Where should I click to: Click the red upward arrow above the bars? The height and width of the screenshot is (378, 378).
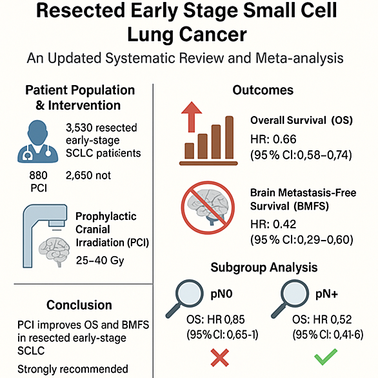(x=192, y=117)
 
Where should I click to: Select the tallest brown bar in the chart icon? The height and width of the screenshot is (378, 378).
(x=229, y=137)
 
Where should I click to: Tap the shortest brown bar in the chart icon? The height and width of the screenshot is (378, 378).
(x=189, y=151)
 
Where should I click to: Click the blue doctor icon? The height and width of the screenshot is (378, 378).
(x=38, y=141)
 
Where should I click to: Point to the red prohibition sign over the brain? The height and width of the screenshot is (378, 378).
(x=208, y=208)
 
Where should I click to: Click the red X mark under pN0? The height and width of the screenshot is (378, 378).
(x=219, y=357)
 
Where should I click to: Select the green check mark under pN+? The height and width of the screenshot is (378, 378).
(x=326, y=357)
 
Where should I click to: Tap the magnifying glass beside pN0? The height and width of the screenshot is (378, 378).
(x=185, y=298)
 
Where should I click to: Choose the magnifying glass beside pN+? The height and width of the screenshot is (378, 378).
(x=290, y=298)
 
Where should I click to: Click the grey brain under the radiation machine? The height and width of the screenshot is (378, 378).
(x=54, y=252)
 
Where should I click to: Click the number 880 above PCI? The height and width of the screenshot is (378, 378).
(x=38, y=175)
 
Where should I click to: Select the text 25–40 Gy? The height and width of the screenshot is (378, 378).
(x=100, y=261)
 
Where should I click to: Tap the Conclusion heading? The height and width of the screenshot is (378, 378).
(x=79, y=305)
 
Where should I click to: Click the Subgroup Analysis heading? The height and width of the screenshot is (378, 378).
(x=264, y=268)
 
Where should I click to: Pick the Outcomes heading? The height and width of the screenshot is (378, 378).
(x=263, y=90)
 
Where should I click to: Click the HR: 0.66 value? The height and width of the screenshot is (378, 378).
(x=274, y=139)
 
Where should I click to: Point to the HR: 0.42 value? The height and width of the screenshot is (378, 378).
(x=274, y=224)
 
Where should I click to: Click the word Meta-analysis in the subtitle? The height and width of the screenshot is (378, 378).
(x=299, y=58)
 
